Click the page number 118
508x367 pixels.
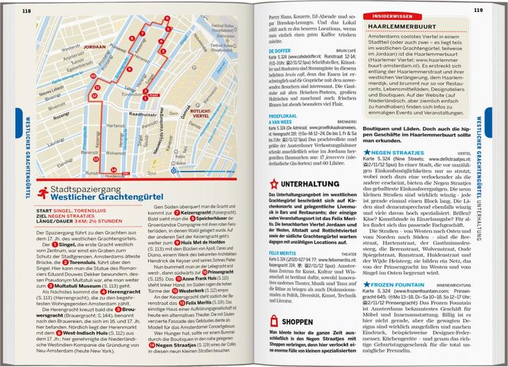click(x=27, y=10)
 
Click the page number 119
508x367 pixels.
click(x=478, y=10)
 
